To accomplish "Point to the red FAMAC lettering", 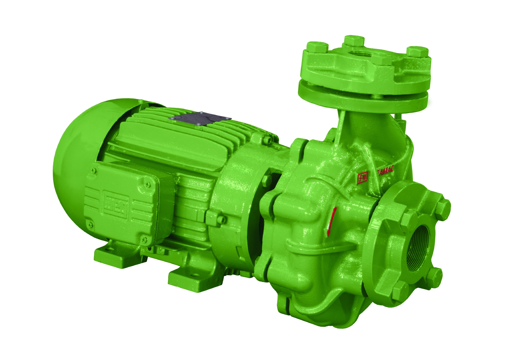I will [385, 171].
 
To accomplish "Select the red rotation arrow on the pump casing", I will [330, 221].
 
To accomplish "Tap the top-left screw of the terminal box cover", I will [94, 171].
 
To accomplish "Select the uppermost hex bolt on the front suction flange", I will [443, 206].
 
